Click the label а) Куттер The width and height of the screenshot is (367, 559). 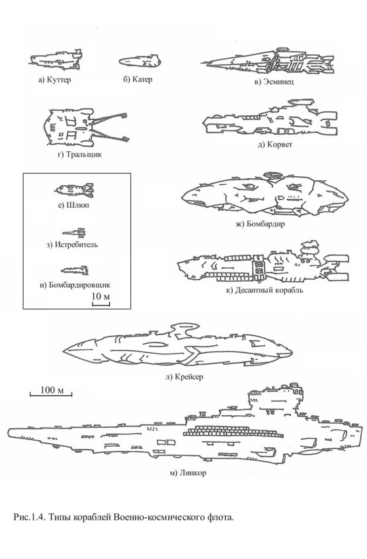pyautogui.click(x=54, y=79)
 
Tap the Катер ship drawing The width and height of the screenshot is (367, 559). pyautogui.click(x=140, y=61)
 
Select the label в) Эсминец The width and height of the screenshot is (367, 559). pyautogui.click(x=274, y=82)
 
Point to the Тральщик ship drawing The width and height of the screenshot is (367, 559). pyautogui.click(x=85, y=127)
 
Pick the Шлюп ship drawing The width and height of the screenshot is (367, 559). pyautogui.click(x=74, y=189)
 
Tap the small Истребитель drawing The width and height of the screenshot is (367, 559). pyautogui.click(x=74, y=233)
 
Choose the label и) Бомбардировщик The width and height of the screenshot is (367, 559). pyautogui.click(x=75, y=285)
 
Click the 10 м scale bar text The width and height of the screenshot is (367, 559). pyautogui.click(x=101, y=296)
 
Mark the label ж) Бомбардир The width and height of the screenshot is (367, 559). pyautogui.click(x=260, y=224)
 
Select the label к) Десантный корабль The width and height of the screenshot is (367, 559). pyautogui.click(x=265, y=290)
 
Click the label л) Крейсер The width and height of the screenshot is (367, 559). pyautogui.click(x=184, y=376)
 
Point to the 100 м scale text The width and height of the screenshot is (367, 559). pyautogui.click(x=52, y=390)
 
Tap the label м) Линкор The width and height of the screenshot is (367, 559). pyautogui.click(x=188, y=473)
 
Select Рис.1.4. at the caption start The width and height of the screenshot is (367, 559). pyautogui.click(x=30, y=517)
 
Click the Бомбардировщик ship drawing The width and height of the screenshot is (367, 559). pyautogui.click(x=74, y=271)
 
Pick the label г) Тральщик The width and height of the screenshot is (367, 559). pyautogui.click(x=79, y=154)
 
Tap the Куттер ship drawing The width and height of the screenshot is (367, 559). pyautogui.click(x=56, y=60)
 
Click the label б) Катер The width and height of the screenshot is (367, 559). pyautogui.click(x=138, y=79)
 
